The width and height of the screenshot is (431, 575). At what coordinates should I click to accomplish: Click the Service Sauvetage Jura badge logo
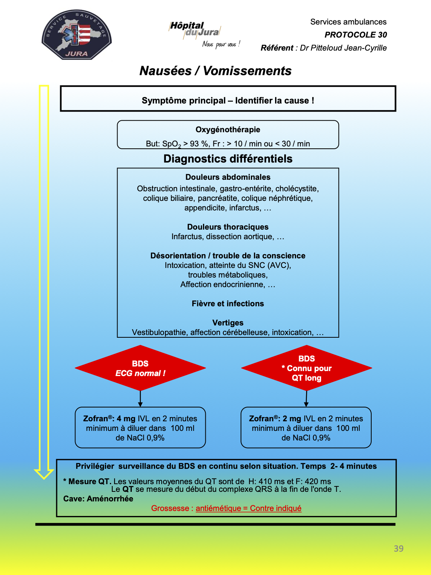pos(77,35)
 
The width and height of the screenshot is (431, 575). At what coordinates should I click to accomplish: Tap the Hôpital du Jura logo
pos(204,34)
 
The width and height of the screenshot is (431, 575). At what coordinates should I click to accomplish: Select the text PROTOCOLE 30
pos(356,35)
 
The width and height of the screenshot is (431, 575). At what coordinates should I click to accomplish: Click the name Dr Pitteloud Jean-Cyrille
pos(343,48)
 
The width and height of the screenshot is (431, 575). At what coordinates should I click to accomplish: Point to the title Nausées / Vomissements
pos(215,71)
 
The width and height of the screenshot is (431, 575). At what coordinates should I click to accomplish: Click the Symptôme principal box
pos(228,99)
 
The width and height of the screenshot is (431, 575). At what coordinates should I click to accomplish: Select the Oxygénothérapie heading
pos(228,130)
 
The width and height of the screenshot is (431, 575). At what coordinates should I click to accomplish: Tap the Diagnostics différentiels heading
pos(228,159)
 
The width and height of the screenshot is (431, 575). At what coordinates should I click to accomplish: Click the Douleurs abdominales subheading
pos(228,177)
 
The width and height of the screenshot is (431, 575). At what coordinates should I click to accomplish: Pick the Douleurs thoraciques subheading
pos(228,227)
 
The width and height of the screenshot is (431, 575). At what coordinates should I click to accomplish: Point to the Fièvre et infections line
pos(228,304)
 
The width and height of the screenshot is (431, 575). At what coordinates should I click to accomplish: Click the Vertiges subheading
pos(228,323)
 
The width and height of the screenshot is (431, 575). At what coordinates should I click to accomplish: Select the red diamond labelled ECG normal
pos(140,368)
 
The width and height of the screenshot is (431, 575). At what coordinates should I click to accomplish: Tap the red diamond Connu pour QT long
pos(306,368)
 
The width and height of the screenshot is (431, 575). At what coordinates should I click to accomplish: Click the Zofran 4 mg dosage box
pos(140,427)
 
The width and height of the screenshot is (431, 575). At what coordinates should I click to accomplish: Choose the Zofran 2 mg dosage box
pos(306,427)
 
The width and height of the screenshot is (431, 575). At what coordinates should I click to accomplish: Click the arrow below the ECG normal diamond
pos(140,399)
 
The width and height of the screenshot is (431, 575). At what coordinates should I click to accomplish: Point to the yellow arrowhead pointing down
pos(44,474)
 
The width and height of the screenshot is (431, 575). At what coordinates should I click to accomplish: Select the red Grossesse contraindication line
pos(226,508)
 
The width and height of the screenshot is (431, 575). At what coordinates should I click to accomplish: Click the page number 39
pos(398,548)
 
